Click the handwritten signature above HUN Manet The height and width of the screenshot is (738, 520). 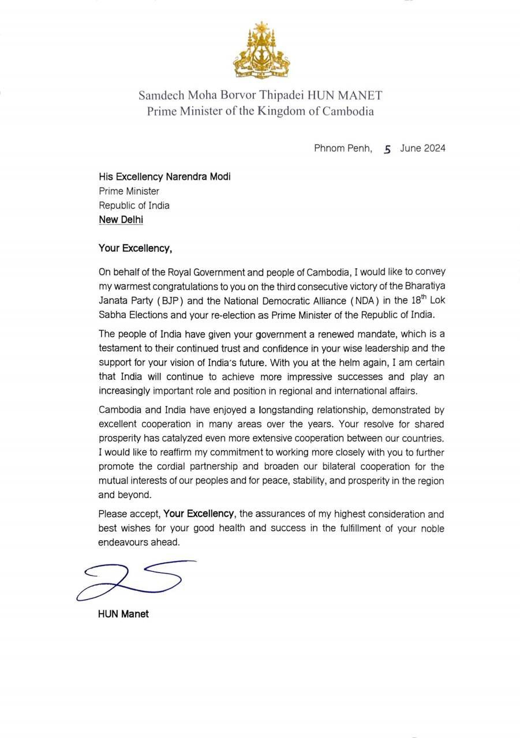[x=136, y=578]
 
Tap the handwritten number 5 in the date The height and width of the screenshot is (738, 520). [x=387, y=149]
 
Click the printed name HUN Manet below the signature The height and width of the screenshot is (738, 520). [x=123, y=614]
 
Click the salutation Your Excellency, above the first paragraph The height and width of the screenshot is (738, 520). [x=135, y=248]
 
